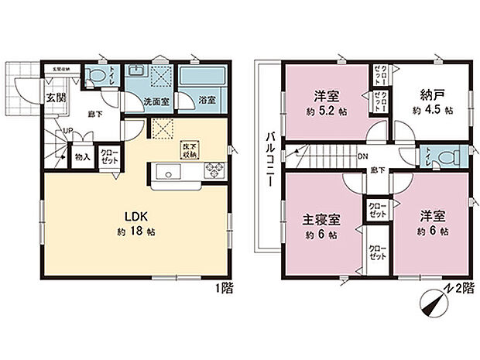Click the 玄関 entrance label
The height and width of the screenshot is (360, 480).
pos(53,98)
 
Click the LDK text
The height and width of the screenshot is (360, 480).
pos(129,217)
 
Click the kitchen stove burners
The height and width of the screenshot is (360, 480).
pos(213,171)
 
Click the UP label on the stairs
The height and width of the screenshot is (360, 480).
pos(67,131)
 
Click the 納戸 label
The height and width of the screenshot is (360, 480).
pos(432,96)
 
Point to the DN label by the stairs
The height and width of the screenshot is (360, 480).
pos(362,156)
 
